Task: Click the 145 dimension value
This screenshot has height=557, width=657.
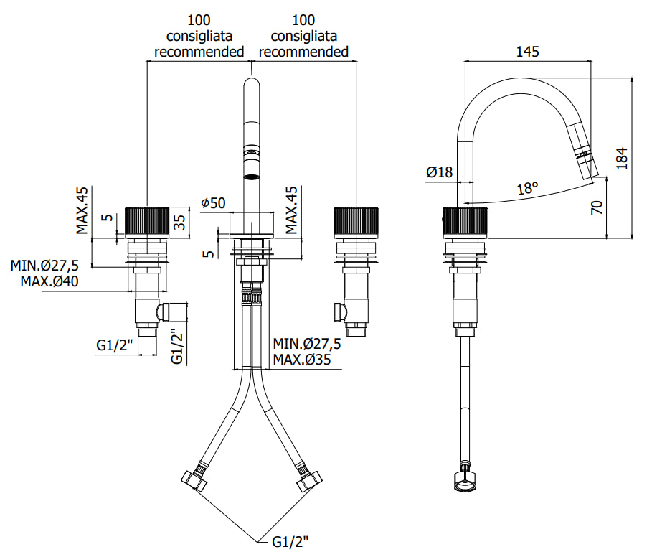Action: tap(527, 52)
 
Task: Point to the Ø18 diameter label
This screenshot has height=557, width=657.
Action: tap(439, 172)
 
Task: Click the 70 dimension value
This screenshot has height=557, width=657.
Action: tap(596, 208)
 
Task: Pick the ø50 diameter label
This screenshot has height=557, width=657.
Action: tap(213, 203)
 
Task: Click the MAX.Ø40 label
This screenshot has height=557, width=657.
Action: tap(49, 281)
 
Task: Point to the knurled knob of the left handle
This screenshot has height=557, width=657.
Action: tap(147, 220)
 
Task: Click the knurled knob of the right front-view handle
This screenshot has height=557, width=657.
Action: tap(355, 220)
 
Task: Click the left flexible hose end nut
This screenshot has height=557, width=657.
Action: tap(194, 479)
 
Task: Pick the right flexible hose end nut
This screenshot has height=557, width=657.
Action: tap(309, 479)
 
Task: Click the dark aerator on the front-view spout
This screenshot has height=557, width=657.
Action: tap(251, 166)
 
